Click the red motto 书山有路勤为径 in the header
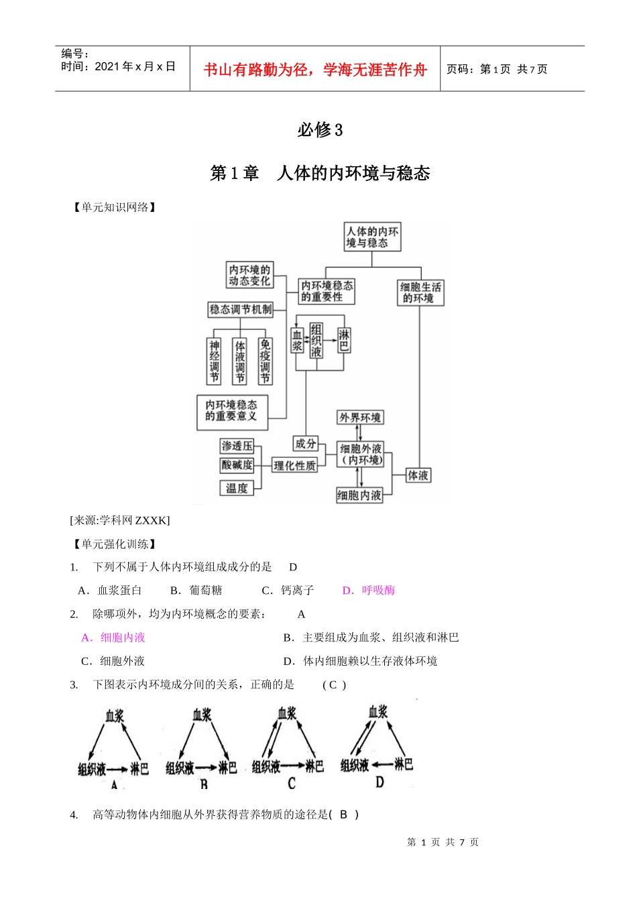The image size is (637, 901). pos(315,70)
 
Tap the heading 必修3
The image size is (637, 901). pos(320,129)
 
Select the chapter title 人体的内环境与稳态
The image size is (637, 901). pos(353,174)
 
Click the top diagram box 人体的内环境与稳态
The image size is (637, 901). pos(372,237)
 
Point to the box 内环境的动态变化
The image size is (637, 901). pos(249,275)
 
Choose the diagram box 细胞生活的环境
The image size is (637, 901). pos(420,292)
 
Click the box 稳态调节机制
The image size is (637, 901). pos(241,309)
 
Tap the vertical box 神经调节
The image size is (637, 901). pos(215,361)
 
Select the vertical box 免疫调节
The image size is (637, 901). pos(266,361)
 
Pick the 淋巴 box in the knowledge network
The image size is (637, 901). pos(344,341)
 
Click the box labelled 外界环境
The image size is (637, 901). pos(360,418)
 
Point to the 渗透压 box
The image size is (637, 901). pos(237,446)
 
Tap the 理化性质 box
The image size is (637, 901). pos(294,465)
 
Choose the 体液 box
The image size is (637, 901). pos(418,475)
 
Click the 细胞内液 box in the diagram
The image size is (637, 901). pos(359,495)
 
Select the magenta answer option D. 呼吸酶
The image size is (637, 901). pos(369,591)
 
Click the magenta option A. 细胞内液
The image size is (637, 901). pos(113,638)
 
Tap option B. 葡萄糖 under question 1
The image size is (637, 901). pos(196,591)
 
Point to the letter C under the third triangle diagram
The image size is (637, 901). pos(292,783)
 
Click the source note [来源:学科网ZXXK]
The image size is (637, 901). pos(120,520)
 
